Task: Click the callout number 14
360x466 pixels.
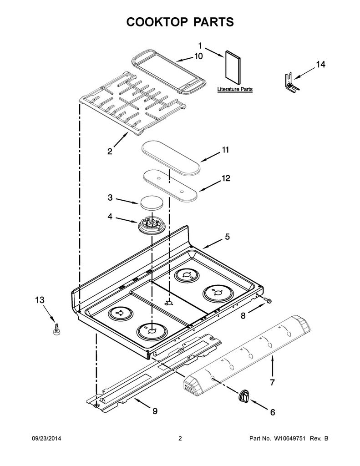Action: click(320, 64)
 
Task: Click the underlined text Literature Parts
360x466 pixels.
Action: click(234, 89)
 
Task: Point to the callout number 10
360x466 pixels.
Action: click(198, 56)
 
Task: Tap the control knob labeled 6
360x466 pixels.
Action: click(244, 395)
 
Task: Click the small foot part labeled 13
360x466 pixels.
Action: click(56, 329)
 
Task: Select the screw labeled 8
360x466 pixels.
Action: click(267, 300)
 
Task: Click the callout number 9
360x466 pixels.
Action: click(155, 411)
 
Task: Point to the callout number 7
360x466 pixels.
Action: click(272, 382)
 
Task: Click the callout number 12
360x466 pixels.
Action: click(226, 178)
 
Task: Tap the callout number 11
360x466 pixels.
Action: click(226, 150)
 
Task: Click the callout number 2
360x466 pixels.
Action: click(110, 151)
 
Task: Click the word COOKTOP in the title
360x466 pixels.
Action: click(157, 22)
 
